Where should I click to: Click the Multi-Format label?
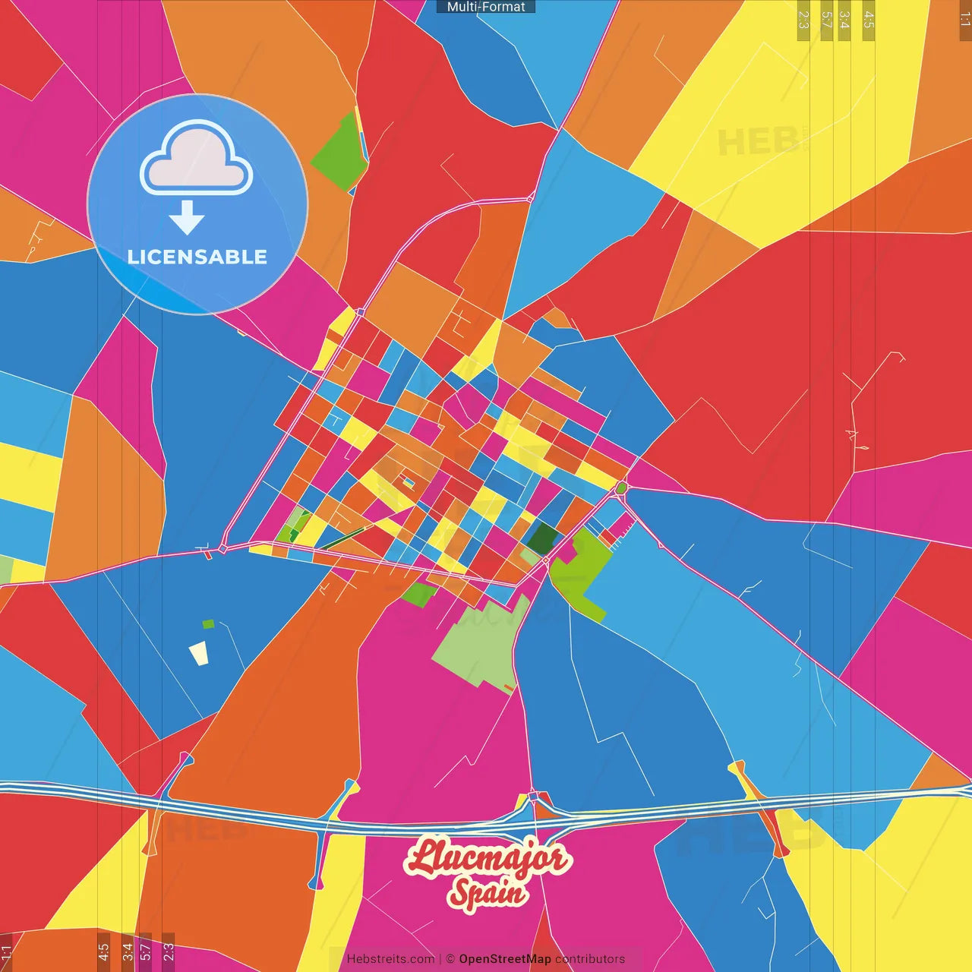(x=486, y=7)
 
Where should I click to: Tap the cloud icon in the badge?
(x=197, y=158)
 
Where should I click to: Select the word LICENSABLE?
(x=197, y=257)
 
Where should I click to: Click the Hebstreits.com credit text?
(x=390, y=959)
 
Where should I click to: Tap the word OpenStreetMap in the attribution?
(x=505, y=959)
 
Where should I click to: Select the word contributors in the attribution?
(x=590, y=959)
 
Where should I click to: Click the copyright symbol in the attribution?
(x=450, y=959)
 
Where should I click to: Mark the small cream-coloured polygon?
(x=199, y=653)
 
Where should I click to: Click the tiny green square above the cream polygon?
(x=208, y=624)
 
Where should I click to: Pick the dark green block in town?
(x=543, y=538)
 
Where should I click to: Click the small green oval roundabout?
(x=621, y=488)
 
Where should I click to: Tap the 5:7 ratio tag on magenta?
(x=145, y=951)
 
